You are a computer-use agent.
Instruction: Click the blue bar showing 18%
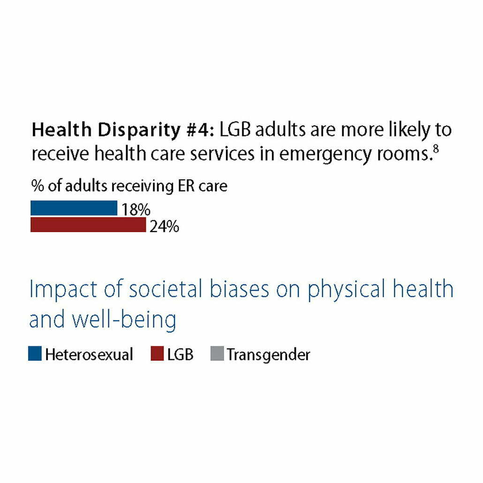click(74, 208)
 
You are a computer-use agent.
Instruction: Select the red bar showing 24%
click(88, 225)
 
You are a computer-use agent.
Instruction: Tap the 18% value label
click(136, 210)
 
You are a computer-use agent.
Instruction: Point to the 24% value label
click(164, 227)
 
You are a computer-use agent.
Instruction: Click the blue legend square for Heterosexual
click(35, 354)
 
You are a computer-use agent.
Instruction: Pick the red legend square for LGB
click(157, 354)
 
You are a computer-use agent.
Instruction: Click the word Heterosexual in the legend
click(89, 355)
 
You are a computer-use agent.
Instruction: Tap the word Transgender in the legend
click(268, 355)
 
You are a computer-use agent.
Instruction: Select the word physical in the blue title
click(347, 290)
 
